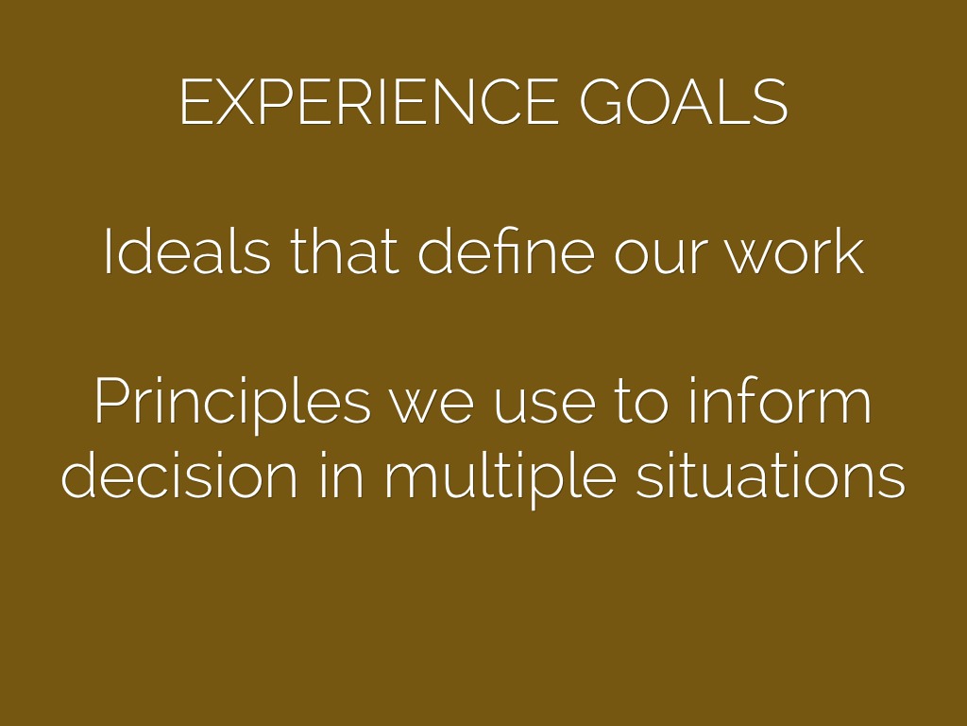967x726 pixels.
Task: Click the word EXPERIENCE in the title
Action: point(369,102)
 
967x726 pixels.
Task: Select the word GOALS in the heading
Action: point(684,102)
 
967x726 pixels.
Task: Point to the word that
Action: point(345,251)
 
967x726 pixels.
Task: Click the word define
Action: point(506,251)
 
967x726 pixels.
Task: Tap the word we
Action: point(431,406)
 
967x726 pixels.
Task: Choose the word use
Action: point(545,406)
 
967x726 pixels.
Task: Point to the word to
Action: point(641,402)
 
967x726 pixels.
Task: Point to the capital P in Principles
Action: point(111,400)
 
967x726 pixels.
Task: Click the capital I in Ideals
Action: point(109,251)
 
